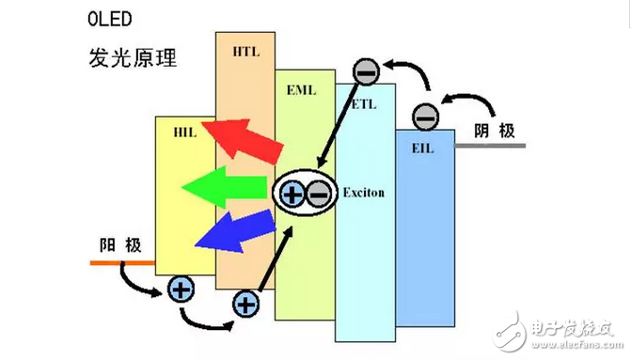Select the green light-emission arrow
click(226, 189)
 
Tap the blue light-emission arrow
click(235, 231)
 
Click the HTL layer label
click(244, 53)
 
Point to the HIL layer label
click(185, 133)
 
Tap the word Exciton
click(365, 192)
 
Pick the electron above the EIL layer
click(425, 117)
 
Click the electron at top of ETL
click(366, 70)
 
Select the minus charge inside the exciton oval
click(319, 195)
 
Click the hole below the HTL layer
click(245, 303)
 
